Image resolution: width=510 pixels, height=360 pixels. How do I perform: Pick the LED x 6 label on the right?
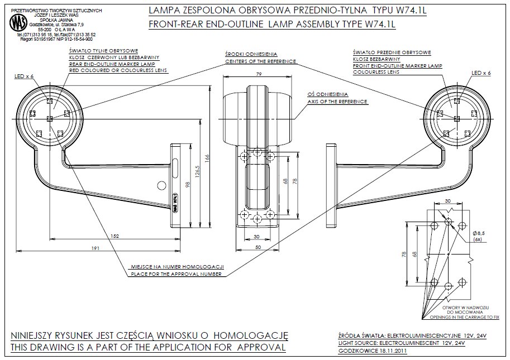click(x=481, y=73)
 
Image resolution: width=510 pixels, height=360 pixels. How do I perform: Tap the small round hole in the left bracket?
click(x=161, y=184)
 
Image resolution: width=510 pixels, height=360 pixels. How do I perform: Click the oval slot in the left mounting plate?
click(x=175, y=168)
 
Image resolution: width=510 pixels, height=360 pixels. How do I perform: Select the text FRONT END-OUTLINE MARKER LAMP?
click(x=397, y=66)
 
